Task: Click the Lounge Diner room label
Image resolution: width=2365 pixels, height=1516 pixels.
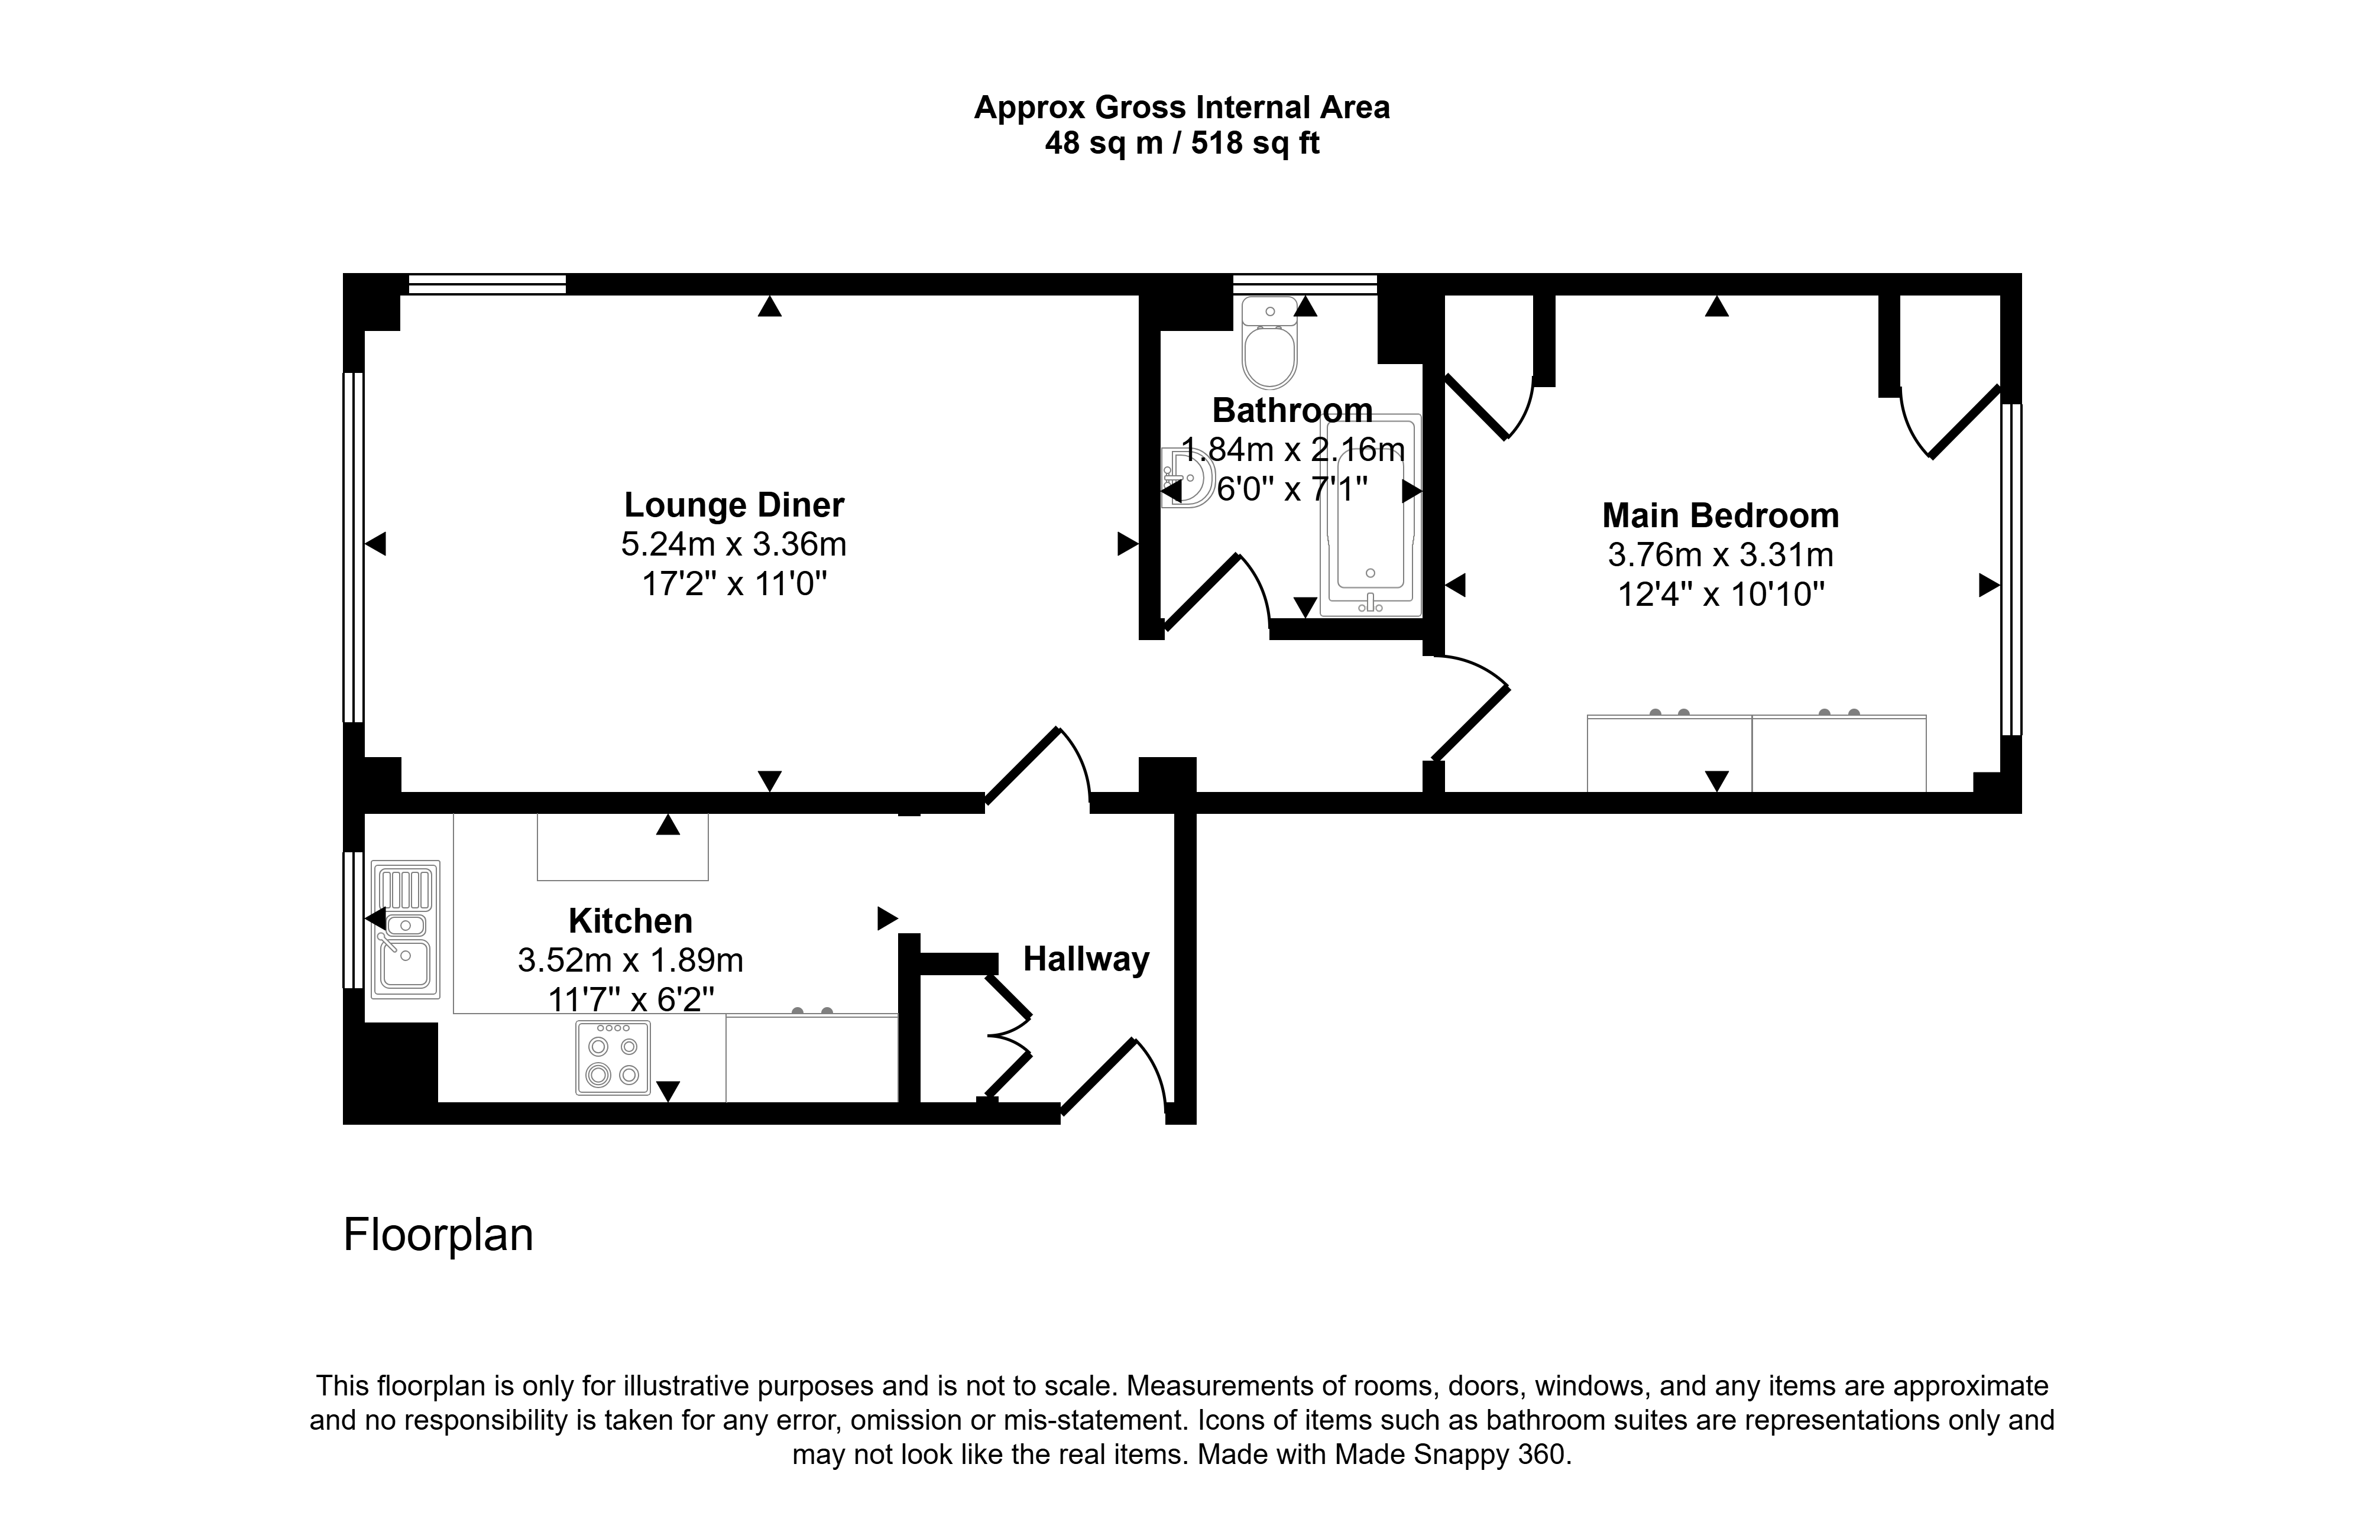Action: (x=734, y=505)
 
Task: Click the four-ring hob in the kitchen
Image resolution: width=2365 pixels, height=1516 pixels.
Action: (x=613, y=1057)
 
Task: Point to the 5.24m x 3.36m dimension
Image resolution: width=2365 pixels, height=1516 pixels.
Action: (x=734, y=544)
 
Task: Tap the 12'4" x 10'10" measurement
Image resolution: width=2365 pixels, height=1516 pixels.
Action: (x=1721, y=595)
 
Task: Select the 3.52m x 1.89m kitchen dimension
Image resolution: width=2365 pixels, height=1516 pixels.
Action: (x=630, y=960)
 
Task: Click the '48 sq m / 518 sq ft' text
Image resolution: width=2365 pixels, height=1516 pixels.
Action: (x=1181, y=144)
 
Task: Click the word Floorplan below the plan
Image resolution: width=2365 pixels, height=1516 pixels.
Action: (x=438, y=1235)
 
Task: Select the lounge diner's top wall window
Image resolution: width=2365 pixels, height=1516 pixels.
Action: (x=487, y=284)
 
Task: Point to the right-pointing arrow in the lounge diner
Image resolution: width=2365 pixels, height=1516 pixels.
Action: (x=1128, y=543)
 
